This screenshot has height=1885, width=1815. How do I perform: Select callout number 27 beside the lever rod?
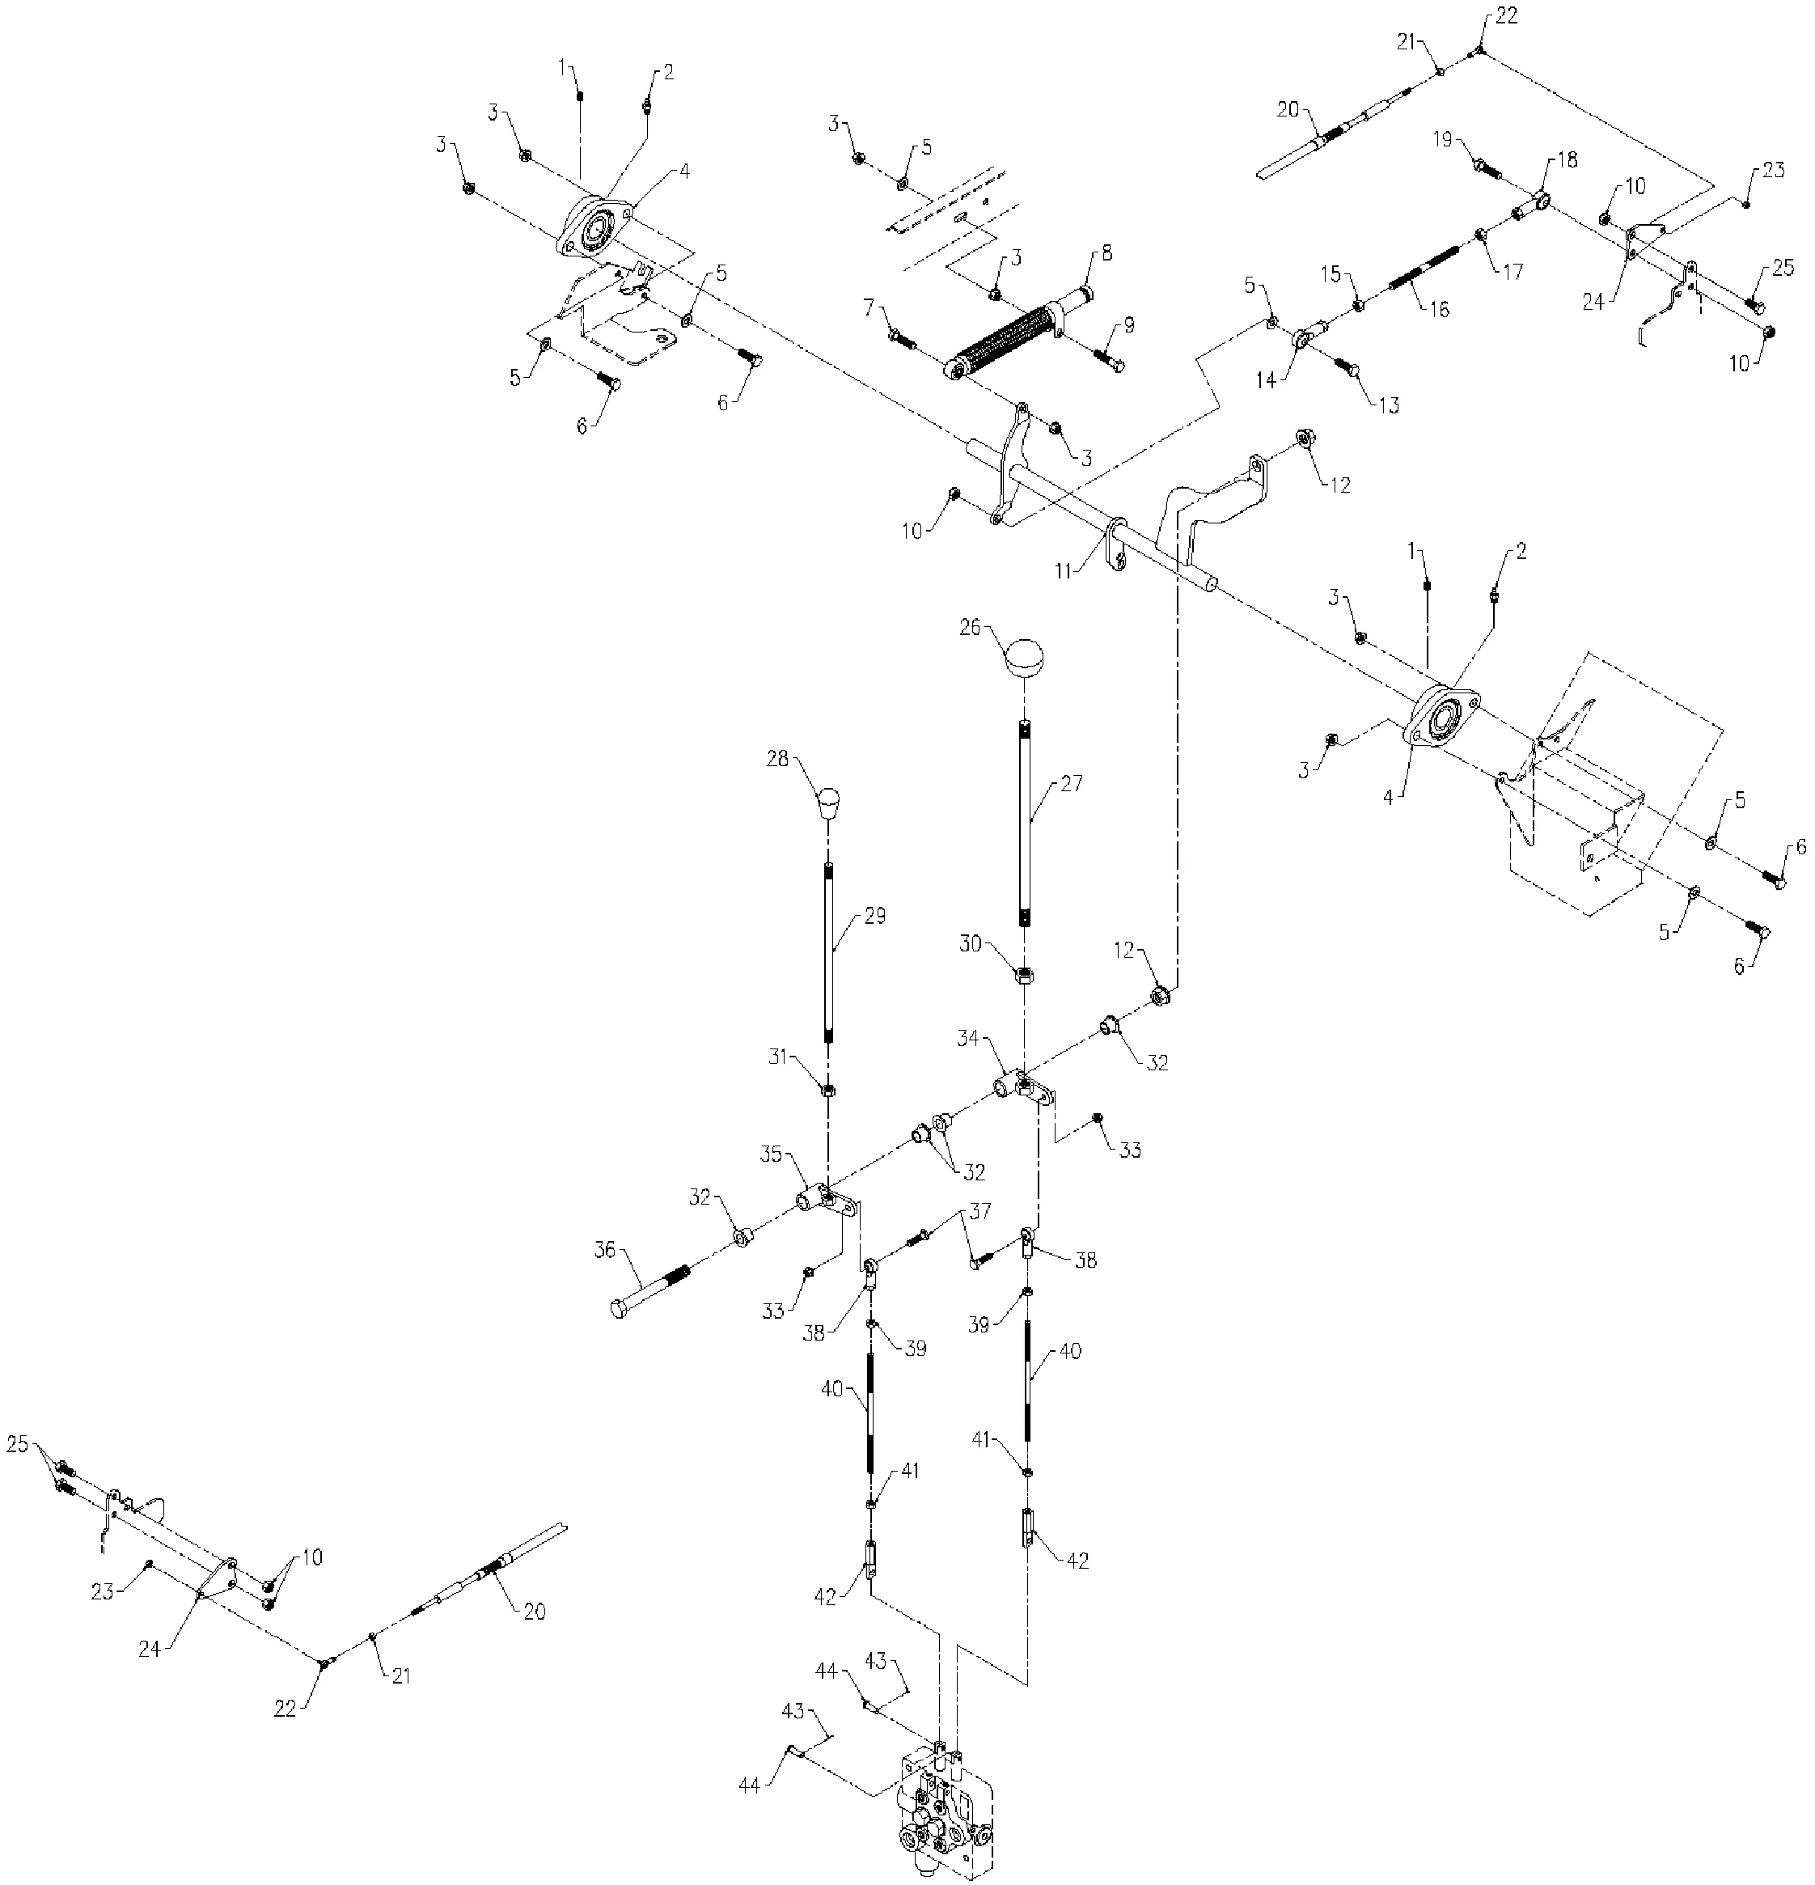point(1072,784)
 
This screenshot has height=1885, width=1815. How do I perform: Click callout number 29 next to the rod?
point(874,916)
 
